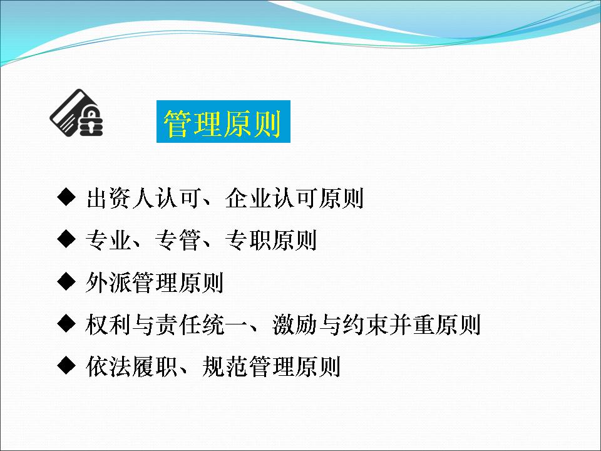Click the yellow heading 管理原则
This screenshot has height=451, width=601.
223,123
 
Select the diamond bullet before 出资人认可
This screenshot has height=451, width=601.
66,197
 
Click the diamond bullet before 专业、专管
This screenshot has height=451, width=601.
66,239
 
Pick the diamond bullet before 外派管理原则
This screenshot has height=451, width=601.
66,281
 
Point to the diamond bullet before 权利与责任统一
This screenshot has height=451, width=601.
66,323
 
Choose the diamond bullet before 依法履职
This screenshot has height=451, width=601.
66,365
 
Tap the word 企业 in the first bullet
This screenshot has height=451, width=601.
248,198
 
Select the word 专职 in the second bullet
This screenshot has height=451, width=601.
248,240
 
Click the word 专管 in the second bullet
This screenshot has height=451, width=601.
178,240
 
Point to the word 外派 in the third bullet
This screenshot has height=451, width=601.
108,283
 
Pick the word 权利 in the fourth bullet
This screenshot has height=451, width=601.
108,324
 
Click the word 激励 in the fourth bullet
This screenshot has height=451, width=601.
295,324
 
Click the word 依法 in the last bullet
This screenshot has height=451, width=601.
108,366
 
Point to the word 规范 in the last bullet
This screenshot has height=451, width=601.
225,366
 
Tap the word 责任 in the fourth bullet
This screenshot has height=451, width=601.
178,324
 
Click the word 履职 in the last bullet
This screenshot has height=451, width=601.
155,366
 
